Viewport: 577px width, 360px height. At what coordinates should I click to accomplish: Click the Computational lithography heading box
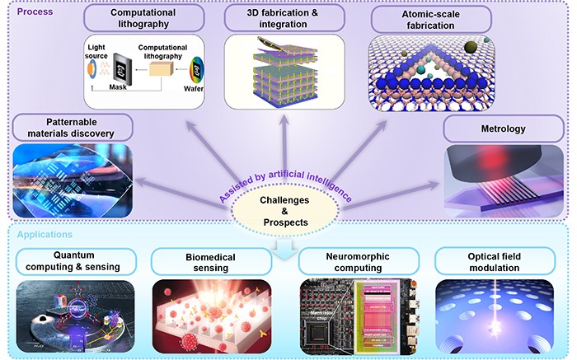(x=143, y=19)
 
